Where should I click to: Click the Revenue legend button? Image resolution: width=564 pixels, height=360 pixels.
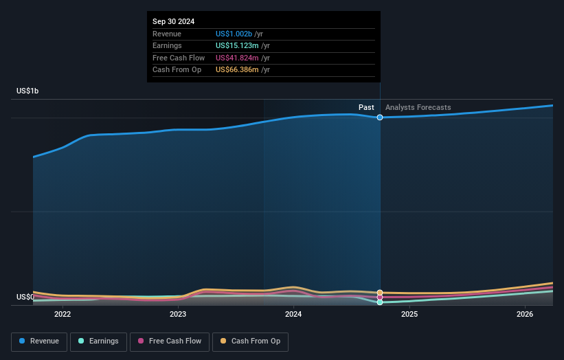39,341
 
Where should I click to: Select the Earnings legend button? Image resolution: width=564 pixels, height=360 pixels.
98,341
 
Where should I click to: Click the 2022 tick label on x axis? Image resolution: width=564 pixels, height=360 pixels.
63,315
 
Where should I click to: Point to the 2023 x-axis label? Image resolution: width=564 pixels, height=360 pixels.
178,315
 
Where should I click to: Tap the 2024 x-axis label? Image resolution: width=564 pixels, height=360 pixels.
293,315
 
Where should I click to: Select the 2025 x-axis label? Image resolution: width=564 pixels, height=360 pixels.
409,315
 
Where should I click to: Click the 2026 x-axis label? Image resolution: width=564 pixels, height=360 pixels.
525,315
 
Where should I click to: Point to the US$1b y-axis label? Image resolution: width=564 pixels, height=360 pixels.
28,91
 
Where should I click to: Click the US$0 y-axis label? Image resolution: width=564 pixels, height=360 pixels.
25,297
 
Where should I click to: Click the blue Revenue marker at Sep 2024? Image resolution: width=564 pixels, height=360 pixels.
380,117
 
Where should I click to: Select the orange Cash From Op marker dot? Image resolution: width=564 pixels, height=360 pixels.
380,293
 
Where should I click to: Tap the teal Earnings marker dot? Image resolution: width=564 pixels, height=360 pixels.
380,302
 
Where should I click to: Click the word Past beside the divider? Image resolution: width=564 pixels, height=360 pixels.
366,107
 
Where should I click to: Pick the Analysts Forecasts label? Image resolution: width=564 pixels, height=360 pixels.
418,107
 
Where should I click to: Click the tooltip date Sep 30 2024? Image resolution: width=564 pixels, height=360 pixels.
173,21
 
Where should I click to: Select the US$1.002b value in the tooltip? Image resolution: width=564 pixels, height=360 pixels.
234,34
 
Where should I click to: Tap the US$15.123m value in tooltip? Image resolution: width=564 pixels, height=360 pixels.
236,46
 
